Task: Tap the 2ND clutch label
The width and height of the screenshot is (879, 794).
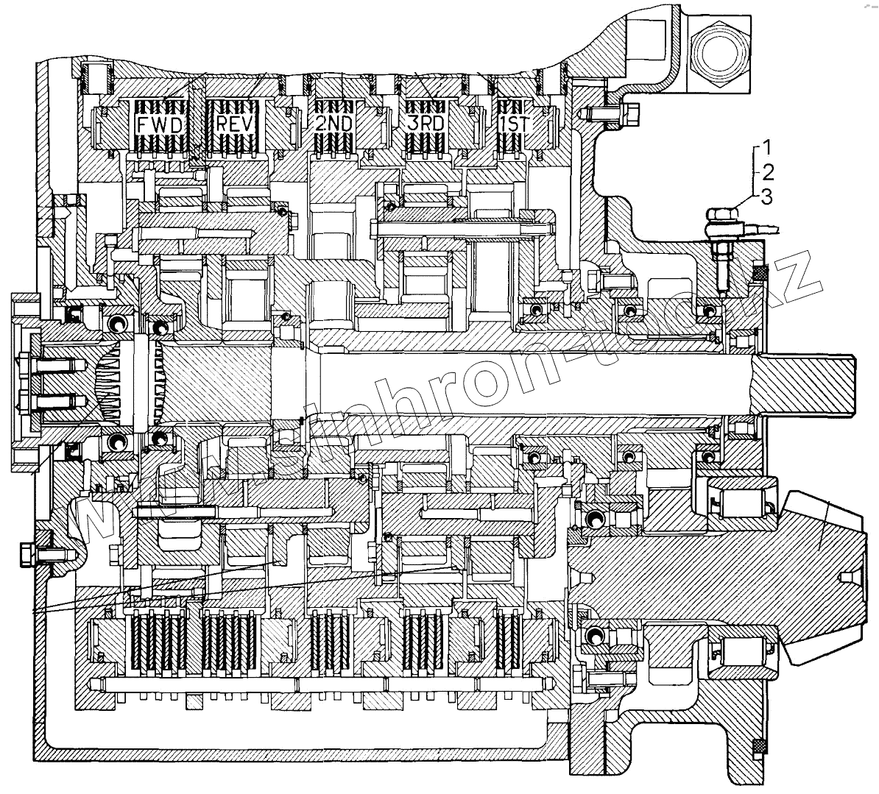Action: (x=333, y=124)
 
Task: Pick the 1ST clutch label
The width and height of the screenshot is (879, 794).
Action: (x=514, y=124)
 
